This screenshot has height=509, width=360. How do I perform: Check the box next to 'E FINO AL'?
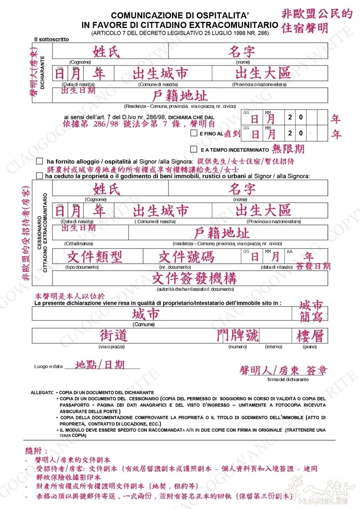click(x=193, y=133)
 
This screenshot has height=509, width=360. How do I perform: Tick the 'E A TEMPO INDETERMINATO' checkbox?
click(x=193, y=150)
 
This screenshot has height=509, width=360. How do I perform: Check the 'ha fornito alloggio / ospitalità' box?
click(x=40, y=161)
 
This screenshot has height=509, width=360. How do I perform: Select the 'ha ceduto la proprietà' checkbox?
click(x=40, y=176)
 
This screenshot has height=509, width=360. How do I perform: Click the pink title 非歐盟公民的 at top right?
click(x=316, y=13)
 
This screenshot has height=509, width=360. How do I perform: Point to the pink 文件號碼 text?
click(x=186, y=257)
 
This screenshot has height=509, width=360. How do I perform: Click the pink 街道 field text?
click(x=113, y=335)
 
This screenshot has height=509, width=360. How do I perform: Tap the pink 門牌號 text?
click(x=237, y=335)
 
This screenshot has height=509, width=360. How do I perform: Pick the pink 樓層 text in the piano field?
click(x=310, y=336)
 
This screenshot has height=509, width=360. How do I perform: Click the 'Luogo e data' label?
click(x=48, y=366)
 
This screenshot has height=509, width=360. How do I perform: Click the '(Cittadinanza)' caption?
click(x=79, y=244)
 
